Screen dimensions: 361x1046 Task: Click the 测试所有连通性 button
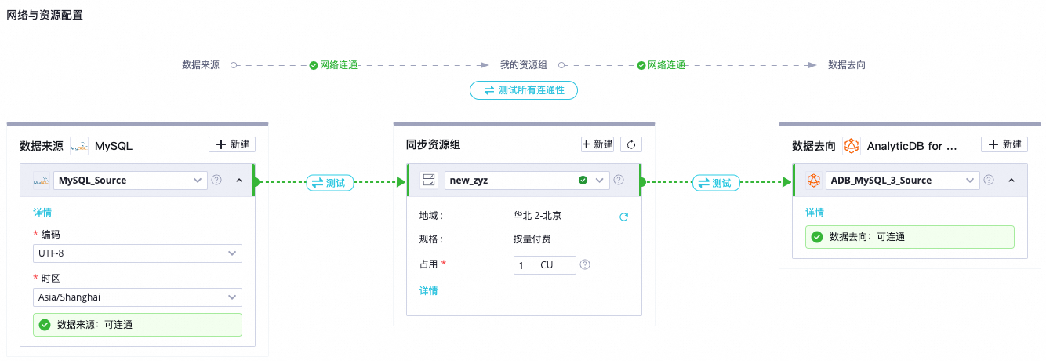coord(523,90)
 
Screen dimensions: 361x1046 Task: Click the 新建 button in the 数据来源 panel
coord(231,144)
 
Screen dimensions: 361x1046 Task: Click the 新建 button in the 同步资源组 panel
coord(597,144)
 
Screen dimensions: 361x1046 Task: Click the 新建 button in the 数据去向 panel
coord(1004,144)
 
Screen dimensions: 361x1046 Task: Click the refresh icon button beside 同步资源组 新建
coord(632,144)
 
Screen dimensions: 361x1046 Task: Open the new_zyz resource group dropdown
coord(526,180)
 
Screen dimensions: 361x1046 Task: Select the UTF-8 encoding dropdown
coord(137,253)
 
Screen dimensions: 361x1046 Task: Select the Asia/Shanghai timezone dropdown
coord(137,297)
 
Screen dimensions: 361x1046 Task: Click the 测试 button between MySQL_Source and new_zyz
coord(329,182)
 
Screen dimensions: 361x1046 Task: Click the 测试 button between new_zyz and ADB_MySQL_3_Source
coord(716,182)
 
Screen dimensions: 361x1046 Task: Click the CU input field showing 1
coord(544,265)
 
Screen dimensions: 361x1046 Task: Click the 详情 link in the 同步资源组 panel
coord(428,290)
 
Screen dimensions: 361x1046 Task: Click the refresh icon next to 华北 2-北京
coord(624,217)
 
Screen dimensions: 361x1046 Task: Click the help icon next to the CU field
coord(585,265)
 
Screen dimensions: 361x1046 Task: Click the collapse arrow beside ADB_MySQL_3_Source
coord(1011,180)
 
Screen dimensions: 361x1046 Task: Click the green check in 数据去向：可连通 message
coord(817,236)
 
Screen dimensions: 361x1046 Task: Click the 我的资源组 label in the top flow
coord(523,65)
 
